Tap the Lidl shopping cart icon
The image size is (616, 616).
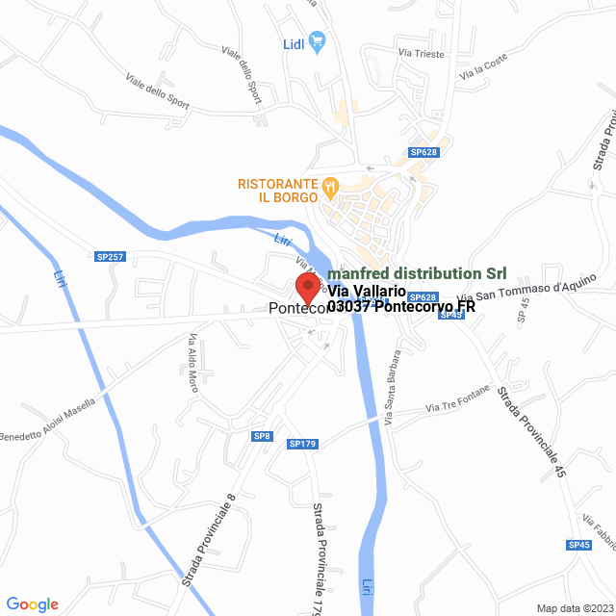(319, 42)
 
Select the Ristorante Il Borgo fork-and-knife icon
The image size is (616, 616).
(330, 183)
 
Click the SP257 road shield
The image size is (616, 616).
(111, 256)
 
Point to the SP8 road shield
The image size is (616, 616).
(263, 436)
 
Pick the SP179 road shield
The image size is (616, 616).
(301, 444)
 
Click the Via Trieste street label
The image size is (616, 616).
(422, 55)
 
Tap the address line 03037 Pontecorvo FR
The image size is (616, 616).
(401, 307)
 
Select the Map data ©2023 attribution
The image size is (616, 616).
(574, 608)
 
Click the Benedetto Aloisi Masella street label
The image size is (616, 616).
(48, 420)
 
